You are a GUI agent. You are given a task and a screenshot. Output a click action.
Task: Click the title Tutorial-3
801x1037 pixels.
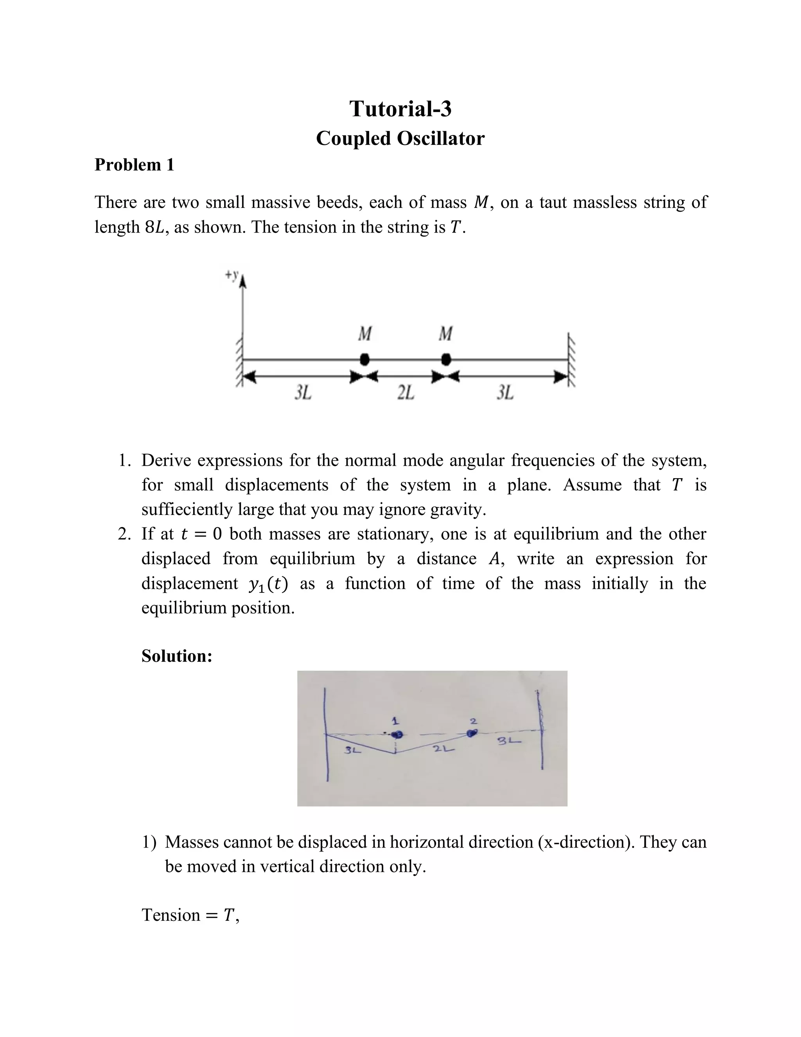(400, 109)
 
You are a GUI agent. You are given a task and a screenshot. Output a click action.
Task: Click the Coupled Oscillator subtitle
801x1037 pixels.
(400, 139)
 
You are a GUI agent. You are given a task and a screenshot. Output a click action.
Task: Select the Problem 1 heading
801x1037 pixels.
(134, 165)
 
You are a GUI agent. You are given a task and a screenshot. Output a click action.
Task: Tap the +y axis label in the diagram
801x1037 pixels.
(232, 274)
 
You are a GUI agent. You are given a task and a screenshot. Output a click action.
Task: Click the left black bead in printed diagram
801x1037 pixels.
(364, 360)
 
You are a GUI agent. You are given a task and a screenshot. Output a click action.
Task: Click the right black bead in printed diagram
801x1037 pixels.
(445, 360)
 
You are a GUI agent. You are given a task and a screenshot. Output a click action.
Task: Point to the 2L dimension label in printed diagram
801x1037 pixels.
(406, 392)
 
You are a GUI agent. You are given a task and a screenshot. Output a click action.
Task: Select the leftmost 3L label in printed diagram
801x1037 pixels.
(303, 392)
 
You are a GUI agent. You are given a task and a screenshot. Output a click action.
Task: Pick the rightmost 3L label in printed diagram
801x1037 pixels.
(505, 392)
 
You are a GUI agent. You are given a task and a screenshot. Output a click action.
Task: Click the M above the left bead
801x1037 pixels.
(365, 334)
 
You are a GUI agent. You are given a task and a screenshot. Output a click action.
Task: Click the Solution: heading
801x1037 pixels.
(176, 656)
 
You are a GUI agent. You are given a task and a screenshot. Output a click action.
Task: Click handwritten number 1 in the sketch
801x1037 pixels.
(394, 721)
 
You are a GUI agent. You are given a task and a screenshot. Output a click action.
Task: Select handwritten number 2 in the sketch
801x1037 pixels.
(472, 721)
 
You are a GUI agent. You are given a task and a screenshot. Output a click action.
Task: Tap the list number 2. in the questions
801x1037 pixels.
(124, 534)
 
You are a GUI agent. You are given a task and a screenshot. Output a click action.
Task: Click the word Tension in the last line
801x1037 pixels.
(171, 915)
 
